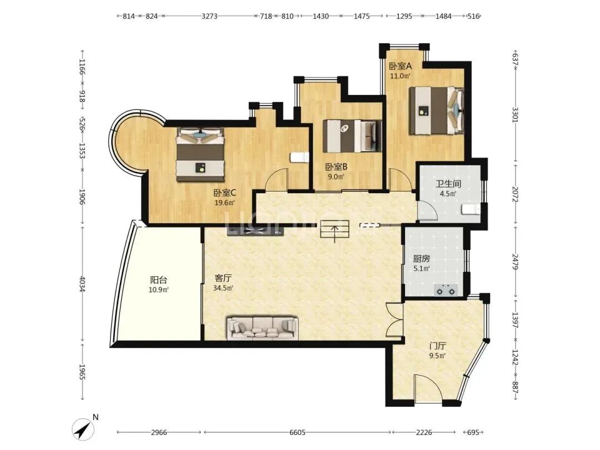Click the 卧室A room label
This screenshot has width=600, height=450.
400,66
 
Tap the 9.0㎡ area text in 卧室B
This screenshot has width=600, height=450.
336,177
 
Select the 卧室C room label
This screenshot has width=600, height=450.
224,193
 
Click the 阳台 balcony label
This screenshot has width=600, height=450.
158,280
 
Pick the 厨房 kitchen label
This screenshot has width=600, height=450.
421,259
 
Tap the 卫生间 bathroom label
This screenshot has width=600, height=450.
448,184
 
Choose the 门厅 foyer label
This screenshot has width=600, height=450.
437,346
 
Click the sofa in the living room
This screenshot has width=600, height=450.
262,328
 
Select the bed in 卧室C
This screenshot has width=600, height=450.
200,154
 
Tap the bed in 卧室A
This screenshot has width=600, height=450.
437,111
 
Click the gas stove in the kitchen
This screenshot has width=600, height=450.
446,291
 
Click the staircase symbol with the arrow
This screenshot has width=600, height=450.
335,229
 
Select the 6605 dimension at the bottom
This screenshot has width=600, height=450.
297,432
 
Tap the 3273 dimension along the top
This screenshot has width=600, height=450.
209,16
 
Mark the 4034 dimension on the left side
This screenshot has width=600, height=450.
82,283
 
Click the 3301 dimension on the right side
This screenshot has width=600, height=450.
515,115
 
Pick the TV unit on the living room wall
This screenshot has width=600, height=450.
255,231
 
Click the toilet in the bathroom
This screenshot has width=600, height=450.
471,209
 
